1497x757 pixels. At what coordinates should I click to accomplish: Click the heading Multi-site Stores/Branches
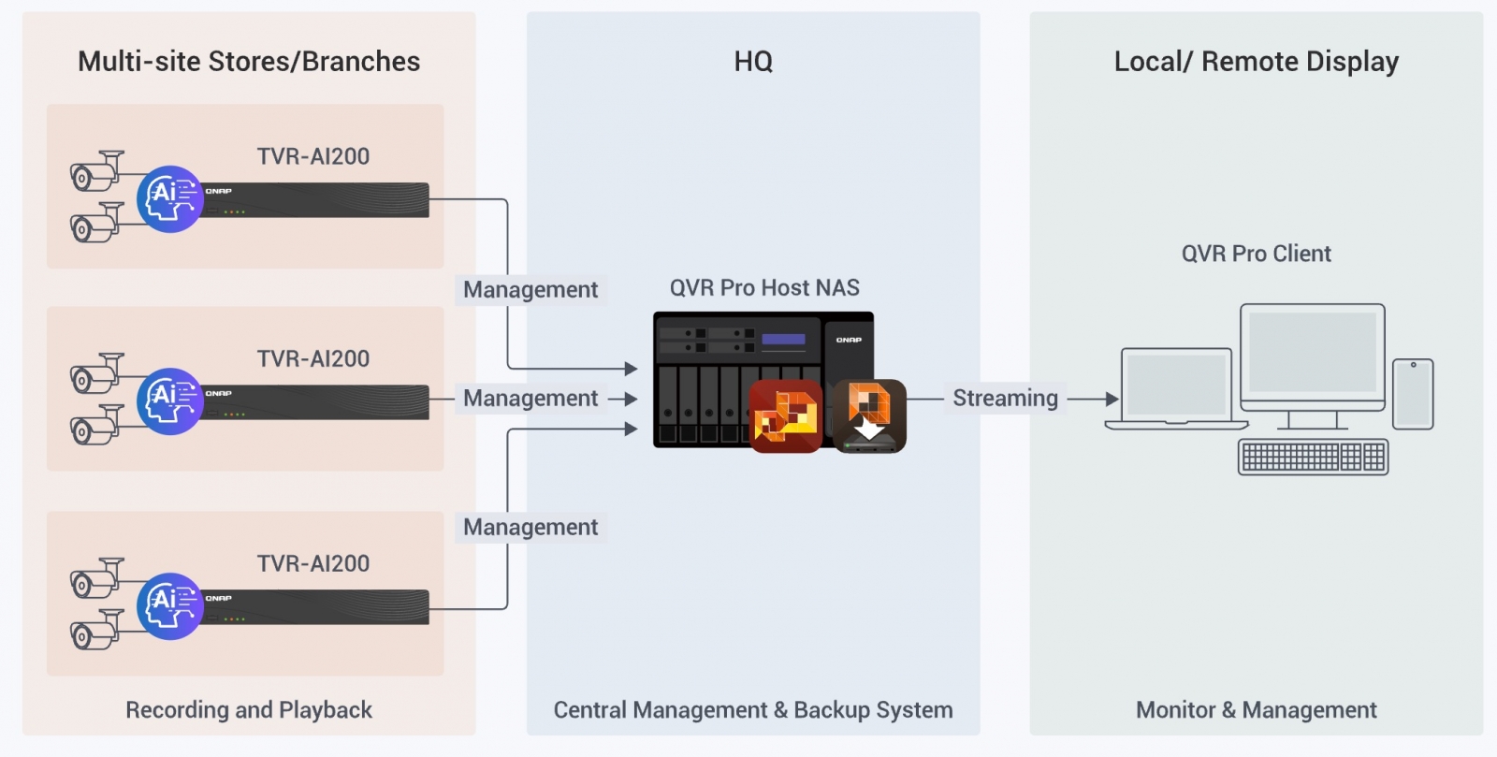point(249,62)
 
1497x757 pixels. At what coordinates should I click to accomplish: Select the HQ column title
point(753,62)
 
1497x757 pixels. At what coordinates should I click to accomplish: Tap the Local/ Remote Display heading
point(1256,62)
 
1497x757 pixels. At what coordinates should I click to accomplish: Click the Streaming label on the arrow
point(1005,399)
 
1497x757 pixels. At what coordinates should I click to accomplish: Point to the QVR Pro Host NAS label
point(764,288)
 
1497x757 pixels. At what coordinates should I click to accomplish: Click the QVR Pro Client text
point(1256,254)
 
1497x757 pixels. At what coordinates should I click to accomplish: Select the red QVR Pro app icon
point(786,416)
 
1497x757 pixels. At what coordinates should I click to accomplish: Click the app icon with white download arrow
point(869,416)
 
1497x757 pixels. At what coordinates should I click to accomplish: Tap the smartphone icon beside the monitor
point(1413,394)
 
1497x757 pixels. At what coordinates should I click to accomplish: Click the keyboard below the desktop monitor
point(1313,457)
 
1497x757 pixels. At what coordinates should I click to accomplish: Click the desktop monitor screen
point(1313,353)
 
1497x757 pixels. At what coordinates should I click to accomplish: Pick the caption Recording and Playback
point(249,710)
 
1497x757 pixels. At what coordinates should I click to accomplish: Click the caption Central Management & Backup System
point(753,710)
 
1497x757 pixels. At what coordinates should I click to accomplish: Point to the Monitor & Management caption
point(1256,710)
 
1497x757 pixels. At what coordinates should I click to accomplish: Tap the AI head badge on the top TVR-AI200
point(170,199)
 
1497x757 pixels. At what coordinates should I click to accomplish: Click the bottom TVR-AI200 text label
point(313,563)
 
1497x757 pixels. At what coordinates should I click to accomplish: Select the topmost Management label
point(530,290)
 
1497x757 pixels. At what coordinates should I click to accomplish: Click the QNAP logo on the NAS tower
point(849,340)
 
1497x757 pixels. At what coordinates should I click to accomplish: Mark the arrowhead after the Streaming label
point(1112,399)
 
